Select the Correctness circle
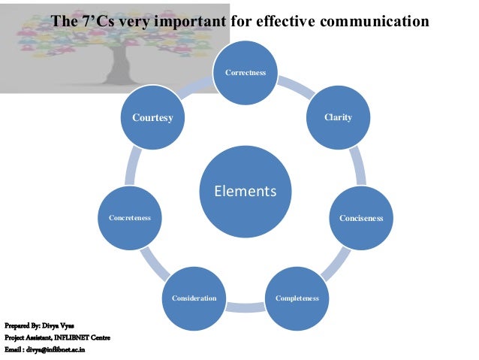(x=246, y=73)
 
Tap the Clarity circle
(x=337, y=118)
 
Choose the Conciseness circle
(x=360, y=218)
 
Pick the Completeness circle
(x=297, y=298)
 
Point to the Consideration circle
(x=194, y=298)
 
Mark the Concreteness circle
(x=130, y=218)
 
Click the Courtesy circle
(x=153, y=118)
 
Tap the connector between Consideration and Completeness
(x=246, y=305)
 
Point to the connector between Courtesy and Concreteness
(x=134, y=167)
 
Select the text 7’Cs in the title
(x=94, y=20)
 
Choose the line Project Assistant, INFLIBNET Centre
(x=57, y=337)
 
